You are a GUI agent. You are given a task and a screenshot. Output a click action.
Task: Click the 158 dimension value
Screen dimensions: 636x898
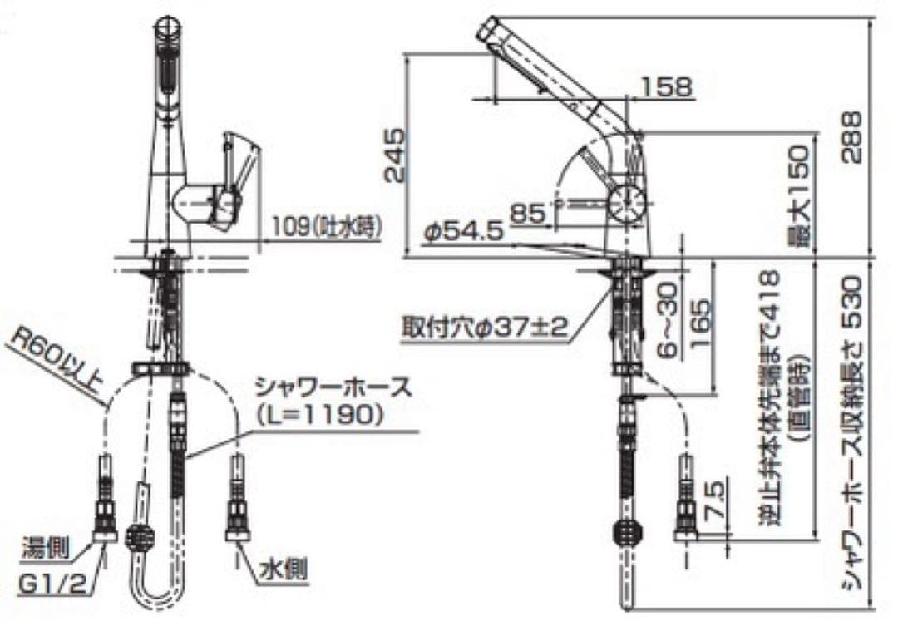pyautogui.click(x=667, y=86)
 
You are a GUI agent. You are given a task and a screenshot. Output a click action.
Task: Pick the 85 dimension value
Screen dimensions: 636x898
pyautogui.click(x=527, y=214)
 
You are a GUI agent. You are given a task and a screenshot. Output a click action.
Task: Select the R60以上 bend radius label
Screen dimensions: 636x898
pyautogui.click(x=59, y=357)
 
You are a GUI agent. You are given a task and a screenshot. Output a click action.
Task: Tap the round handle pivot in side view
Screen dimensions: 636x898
pyautogui.click(x=626, y=201)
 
